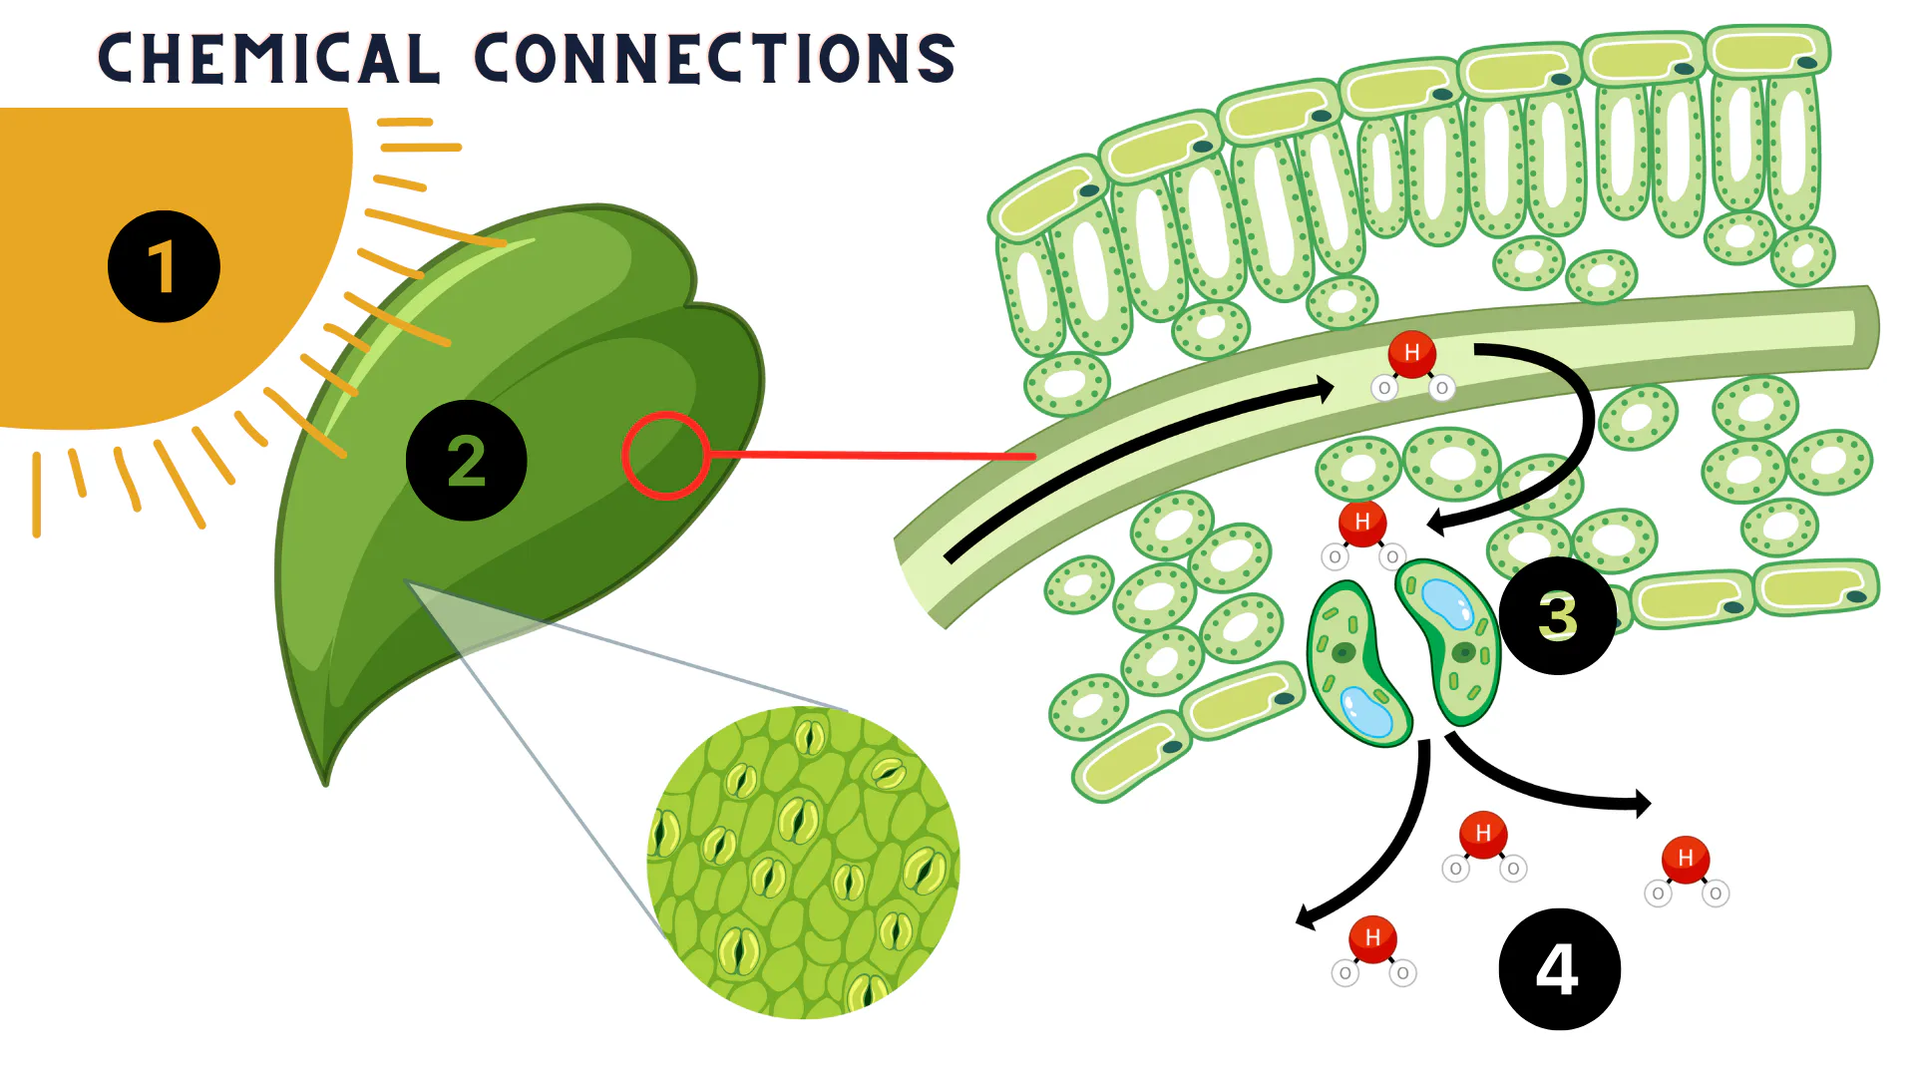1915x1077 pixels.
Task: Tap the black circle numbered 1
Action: click(164, 266)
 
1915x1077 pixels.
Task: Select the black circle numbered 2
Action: click(466, 461)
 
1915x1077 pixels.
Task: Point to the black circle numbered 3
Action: click(1557, 615)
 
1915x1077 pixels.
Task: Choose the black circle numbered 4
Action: click(1559, 968)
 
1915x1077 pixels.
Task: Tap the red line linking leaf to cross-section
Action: click(868, 455)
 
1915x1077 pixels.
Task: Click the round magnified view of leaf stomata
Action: click(803, 863)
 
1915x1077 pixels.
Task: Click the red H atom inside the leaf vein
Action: click(1411, 353)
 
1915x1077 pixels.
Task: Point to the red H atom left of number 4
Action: click(1372, 937)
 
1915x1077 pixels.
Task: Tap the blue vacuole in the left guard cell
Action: click(1365, 712)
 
